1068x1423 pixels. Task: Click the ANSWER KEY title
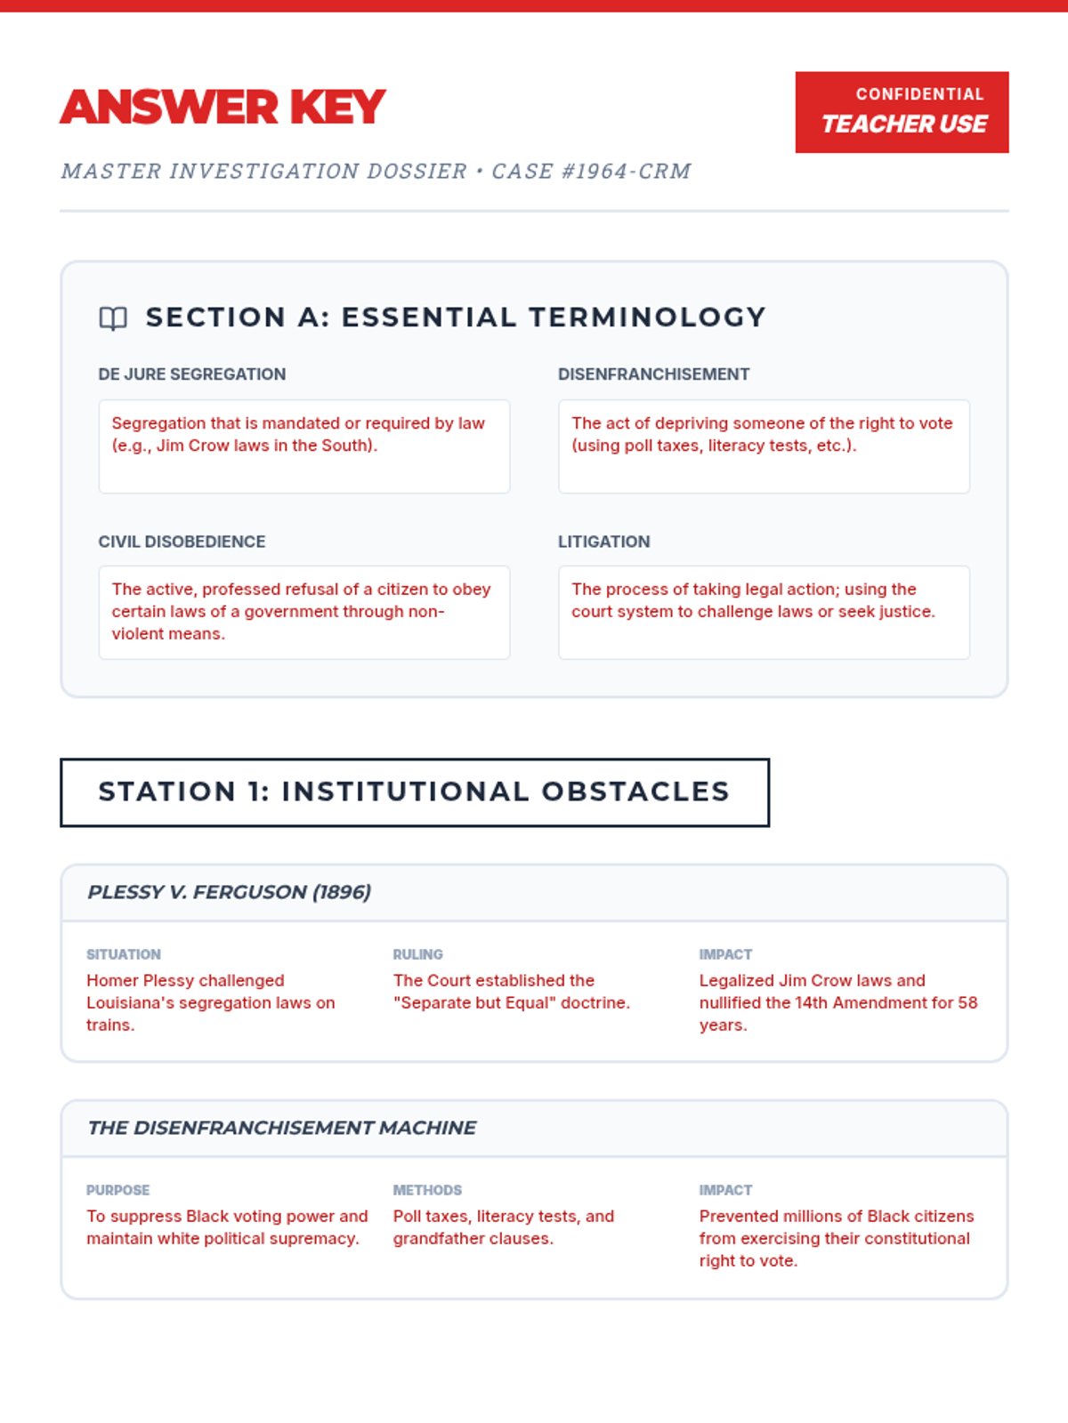tap(222, 108)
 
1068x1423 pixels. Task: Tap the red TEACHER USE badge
tap(902, 113)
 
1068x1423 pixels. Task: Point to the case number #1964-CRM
tap(627, 172)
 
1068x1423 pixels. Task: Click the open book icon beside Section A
tap(113, 318)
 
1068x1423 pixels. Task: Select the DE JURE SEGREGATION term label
tap(191, 374)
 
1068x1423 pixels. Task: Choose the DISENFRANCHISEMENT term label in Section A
tap(653, 374)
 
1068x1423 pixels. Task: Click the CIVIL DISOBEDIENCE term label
tap(182, 542)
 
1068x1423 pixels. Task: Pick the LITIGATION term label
tap(603, 542)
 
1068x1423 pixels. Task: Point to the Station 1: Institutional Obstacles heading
tap(414, 792)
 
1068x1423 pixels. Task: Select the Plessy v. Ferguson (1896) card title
tap(229, 892)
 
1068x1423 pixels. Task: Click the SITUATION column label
tap(124, 954)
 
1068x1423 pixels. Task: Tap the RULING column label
tap(417, 954)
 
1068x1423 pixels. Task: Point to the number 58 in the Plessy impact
tap(967, 1003)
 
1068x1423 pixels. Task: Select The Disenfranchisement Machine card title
tap(281, 1128)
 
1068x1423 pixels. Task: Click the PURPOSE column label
tap(117, 1190)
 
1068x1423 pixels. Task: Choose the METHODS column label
tap(427, 1190)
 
